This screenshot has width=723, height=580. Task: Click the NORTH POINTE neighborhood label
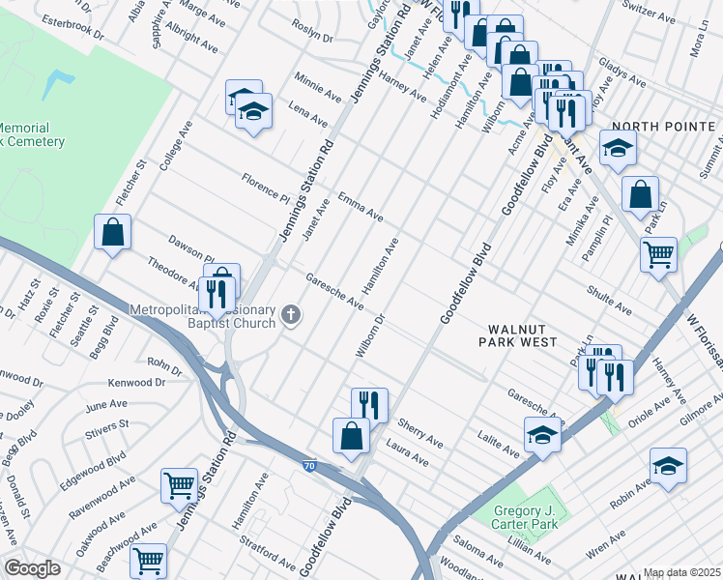(x=664, y=127)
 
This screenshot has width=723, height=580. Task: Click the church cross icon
(x=289, y=314)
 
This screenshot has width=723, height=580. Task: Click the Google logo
(x=32, y=568)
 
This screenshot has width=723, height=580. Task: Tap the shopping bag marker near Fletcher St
(x=113, y=232)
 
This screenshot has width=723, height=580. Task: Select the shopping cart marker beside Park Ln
(x=659, y=255)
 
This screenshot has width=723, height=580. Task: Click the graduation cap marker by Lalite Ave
(x=543, y=436)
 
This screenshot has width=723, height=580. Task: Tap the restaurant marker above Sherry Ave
(x=369, y=405)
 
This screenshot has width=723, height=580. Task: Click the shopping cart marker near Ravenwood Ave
(x=179, y=485)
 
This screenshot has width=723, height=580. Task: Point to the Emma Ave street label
(x=361, y=205)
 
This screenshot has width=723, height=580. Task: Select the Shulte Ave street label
(x=609, y=299)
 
